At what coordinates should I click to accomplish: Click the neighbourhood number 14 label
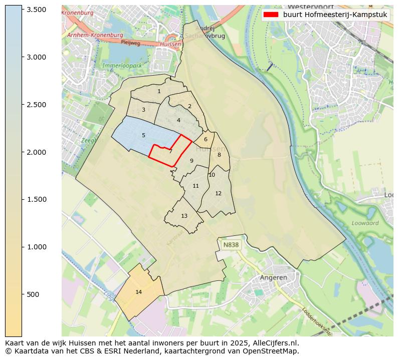[139, 292]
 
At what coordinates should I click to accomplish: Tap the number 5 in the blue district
[143, 135]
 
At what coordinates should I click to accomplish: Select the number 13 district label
[184, 216]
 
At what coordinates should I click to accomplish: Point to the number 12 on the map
[218, 193]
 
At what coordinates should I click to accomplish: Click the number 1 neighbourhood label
[159, 91]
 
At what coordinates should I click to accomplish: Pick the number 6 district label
[206, 139]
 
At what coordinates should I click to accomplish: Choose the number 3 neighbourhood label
[143, 110]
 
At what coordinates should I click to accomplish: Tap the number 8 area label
[219, 155]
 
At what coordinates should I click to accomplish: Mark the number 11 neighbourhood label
[195, 186]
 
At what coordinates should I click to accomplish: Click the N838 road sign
[231, 245]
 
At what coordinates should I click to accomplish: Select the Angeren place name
[273, 277]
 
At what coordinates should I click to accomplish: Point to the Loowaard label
[365, 223]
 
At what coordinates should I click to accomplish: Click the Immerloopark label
[122, 66]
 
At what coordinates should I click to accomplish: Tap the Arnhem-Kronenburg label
[95, 35]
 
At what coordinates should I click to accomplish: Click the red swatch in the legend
[271, 15]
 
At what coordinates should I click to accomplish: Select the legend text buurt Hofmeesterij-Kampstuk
[335, 15]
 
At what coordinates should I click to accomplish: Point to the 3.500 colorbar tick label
[36, 10]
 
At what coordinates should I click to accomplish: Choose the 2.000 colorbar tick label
[36, 152]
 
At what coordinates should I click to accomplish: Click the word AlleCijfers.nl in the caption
[274, 343]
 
